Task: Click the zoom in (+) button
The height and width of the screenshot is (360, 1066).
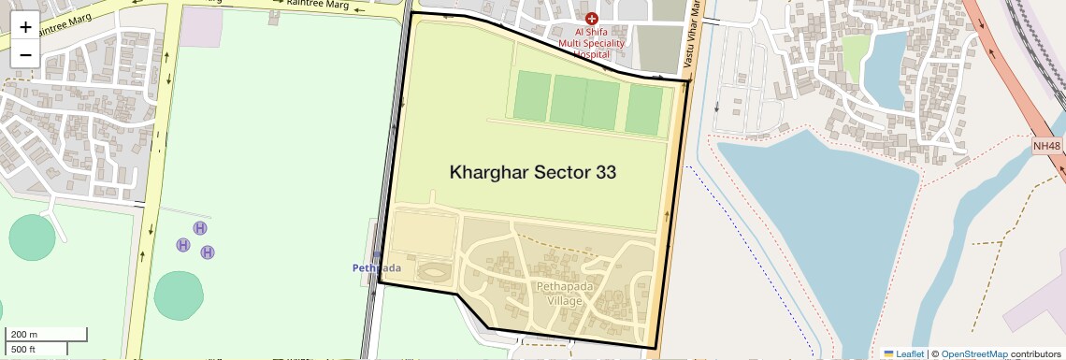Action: (25, 26)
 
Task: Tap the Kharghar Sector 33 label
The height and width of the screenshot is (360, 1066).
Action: (532, 172)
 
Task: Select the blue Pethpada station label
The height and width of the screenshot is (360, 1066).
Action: (376, 268)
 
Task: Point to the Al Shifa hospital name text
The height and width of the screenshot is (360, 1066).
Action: (591, 43)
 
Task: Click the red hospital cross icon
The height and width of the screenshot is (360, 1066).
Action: (591, 19)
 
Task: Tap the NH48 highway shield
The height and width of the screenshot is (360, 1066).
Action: (1047, 146)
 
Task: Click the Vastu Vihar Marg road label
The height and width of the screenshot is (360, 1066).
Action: (693, 37)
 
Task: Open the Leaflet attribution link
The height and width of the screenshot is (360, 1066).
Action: (904, 353)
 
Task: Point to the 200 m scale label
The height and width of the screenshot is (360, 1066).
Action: (24, 334)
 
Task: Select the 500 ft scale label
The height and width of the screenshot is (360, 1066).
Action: (23, 350)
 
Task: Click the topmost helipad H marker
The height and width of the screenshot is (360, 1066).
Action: (200, 228)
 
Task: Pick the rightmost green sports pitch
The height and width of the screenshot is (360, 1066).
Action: (643, 109)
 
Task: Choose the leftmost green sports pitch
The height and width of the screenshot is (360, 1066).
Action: (531, 97)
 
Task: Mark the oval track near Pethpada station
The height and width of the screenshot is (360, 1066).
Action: (432, 272)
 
